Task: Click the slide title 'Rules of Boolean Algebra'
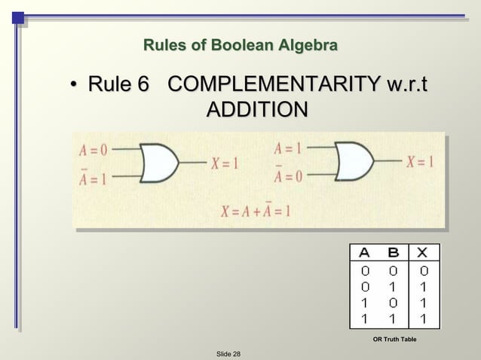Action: click(240, 47)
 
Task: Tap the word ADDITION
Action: click(256, 110)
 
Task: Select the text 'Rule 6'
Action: click(118, 84)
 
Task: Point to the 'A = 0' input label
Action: click(94, 149)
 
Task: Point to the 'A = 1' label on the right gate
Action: click(288, 148)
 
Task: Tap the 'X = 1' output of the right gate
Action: click(420, 161)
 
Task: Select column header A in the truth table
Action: click(364, 252)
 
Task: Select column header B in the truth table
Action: click(392, 252)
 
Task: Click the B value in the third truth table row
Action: click(392, 303)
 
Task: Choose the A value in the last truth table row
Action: click(364, 319)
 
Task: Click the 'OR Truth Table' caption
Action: click(394, 340)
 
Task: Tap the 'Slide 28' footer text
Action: click(228, 353)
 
